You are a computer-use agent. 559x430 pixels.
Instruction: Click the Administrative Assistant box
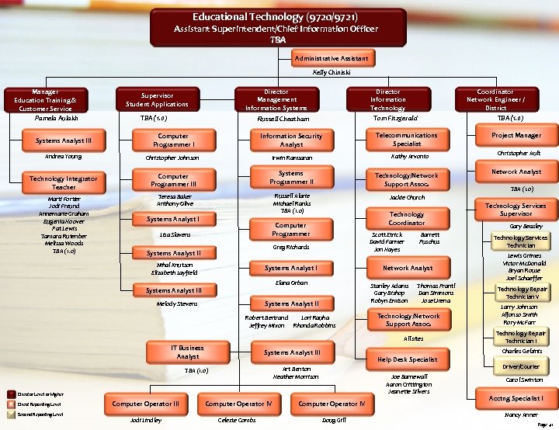click(x=332, y=58)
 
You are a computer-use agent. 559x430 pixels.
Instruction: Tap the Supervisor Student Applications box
click(x=157, y=99)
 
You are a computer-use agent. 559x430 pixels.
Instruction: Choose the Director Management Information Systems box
click(x=276, y=99)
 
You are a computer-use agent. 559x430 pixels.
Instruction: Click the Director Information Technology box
click(x=387, y=99)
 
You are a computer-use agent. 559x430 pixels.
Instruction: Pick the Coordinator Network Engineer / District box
click(x=495, y=99)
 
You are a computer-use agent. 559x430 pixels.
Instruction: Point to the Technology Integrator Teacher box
click(x=64, y=182)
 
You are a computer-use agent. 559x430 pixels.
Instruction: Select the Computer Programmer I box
click(x=173, y=140)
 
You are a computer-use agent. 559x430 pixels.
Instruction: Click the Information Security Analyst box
click(x=291, y=140)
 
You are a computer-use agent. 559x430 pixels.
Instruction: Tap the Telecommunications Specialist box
click(x=406, y=139)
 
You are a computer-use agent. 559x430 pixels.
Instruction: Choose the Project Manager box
click(x=516, y=135)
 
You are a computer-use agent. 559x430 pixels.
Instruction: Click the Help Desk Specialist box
click(x=407, y=359)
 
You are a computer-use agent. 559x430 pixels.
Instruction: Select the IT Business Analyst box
click(x=187, y=352)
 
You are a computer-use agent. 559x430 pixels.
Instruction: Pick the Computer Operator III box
click(x=146, y=404)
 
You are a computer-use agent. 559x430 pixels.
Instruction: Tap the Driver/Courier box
click(x=522, y=366)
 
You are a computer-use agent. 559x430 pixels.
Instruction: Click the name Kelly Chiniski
click(x=332, y=72)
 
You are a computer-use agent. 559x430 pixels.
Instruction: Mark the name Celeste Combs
click(x=238, y=419)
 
